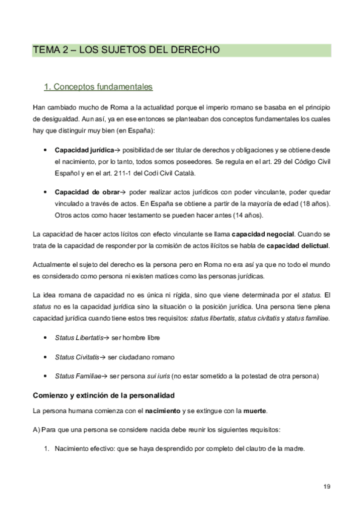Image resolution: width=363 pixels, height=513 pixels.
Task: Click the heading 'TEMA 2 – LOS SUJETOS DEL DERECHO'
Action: (126, 50)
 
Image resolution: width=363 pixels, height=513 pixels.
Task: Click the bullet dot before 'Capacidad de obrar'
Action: (47, 192)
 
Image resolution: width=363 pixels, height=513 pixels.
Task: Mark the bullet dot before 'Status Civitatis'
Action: (47, 358)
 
